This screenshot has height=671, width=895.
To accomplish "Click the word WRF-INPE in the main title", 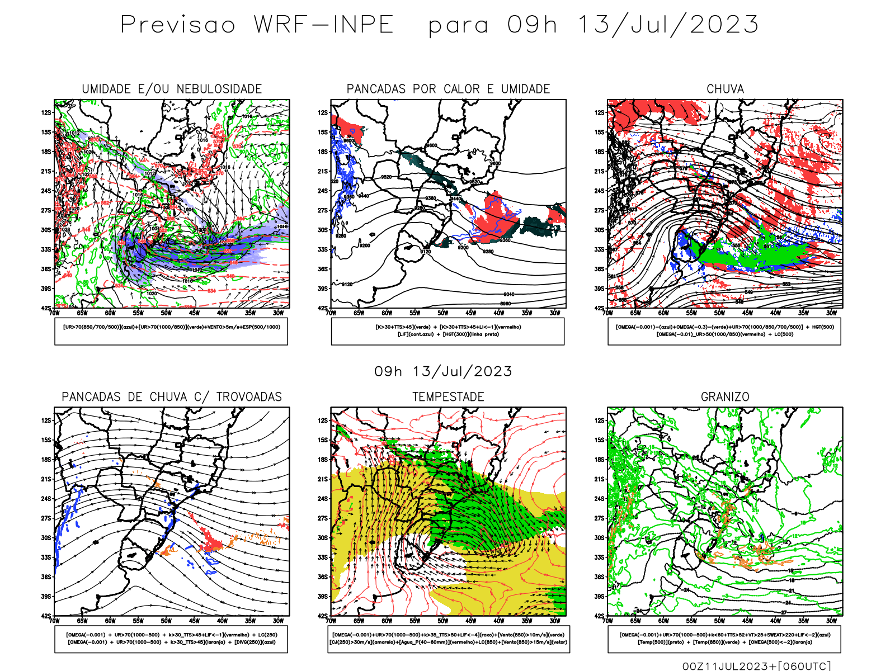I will pyautogui.click(x=323, y=25).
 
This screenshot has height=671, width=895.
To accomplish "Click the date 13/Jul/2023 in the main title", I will pyautogui.click(x=668, y=25).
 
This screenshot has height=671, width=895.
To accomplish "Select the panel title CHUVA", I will pyautogui.click(x=725, y=89).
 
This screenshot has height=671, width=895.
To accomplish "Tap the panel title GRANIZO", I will pyautogui.click(x=725, y=397).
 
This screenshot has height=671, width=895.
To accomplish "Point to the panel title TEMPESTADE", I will pyautogui.click(x=448, y=397).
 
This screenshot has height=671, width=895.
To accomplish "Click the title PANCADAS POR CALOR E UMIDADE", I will pyautogui.click(x=448, y=89).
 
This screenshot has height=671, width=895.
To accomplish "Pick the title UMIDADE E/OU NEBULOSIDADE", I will pyautogui.click(x=172, y=89).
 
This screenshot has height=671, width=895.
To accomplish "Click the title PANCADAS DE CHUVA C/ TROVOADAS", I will pyautogui.click(x=172, y=397).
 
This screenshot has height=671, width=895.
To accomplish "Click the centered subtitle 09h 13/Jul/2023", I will pyautogui.click(x=443, y=371).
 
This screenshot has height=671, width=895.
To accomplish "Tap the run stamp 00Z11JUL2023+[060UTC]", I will pyautogui.click(x=756, y=666).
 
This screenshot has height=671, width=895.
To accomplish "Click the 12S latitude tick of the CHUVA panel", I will pyautogui.click(x=600, y=112).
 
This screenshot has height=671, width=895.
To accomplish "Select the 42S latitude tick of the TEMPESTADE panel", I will pyautogui.click(x=323, y=616).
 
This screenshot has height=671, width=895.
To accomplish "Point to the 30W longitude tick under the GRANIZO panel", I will pyautogui.click(x=831, y=621).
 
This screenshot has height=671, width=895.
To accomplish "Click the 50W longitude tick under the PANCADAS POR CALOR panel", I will pyautogui.click(x=442, y=313).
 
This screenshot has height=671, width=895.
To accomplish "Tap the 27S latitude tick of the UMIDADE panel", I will pyautogui.click(x=46, y=210).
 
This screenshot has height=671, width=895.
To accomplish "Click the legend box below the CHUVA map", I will pyautogui.click(x=724, y=331).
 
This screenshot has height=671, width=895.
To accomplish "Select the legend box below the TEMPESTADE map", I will pyautogui.click(x=448, y=639).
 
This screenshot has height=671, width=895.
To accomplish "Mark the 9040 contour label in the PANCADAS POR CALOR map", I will pyautogui.click(x=508, y=294).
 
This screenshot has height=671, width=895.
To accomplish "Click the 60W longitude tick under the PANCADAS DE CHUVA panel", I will pyautogui.click(x=110, y=621).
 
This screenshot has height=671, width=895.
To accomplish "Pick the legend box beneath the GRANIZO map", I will pyautogui.click(x=724, y=639).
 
